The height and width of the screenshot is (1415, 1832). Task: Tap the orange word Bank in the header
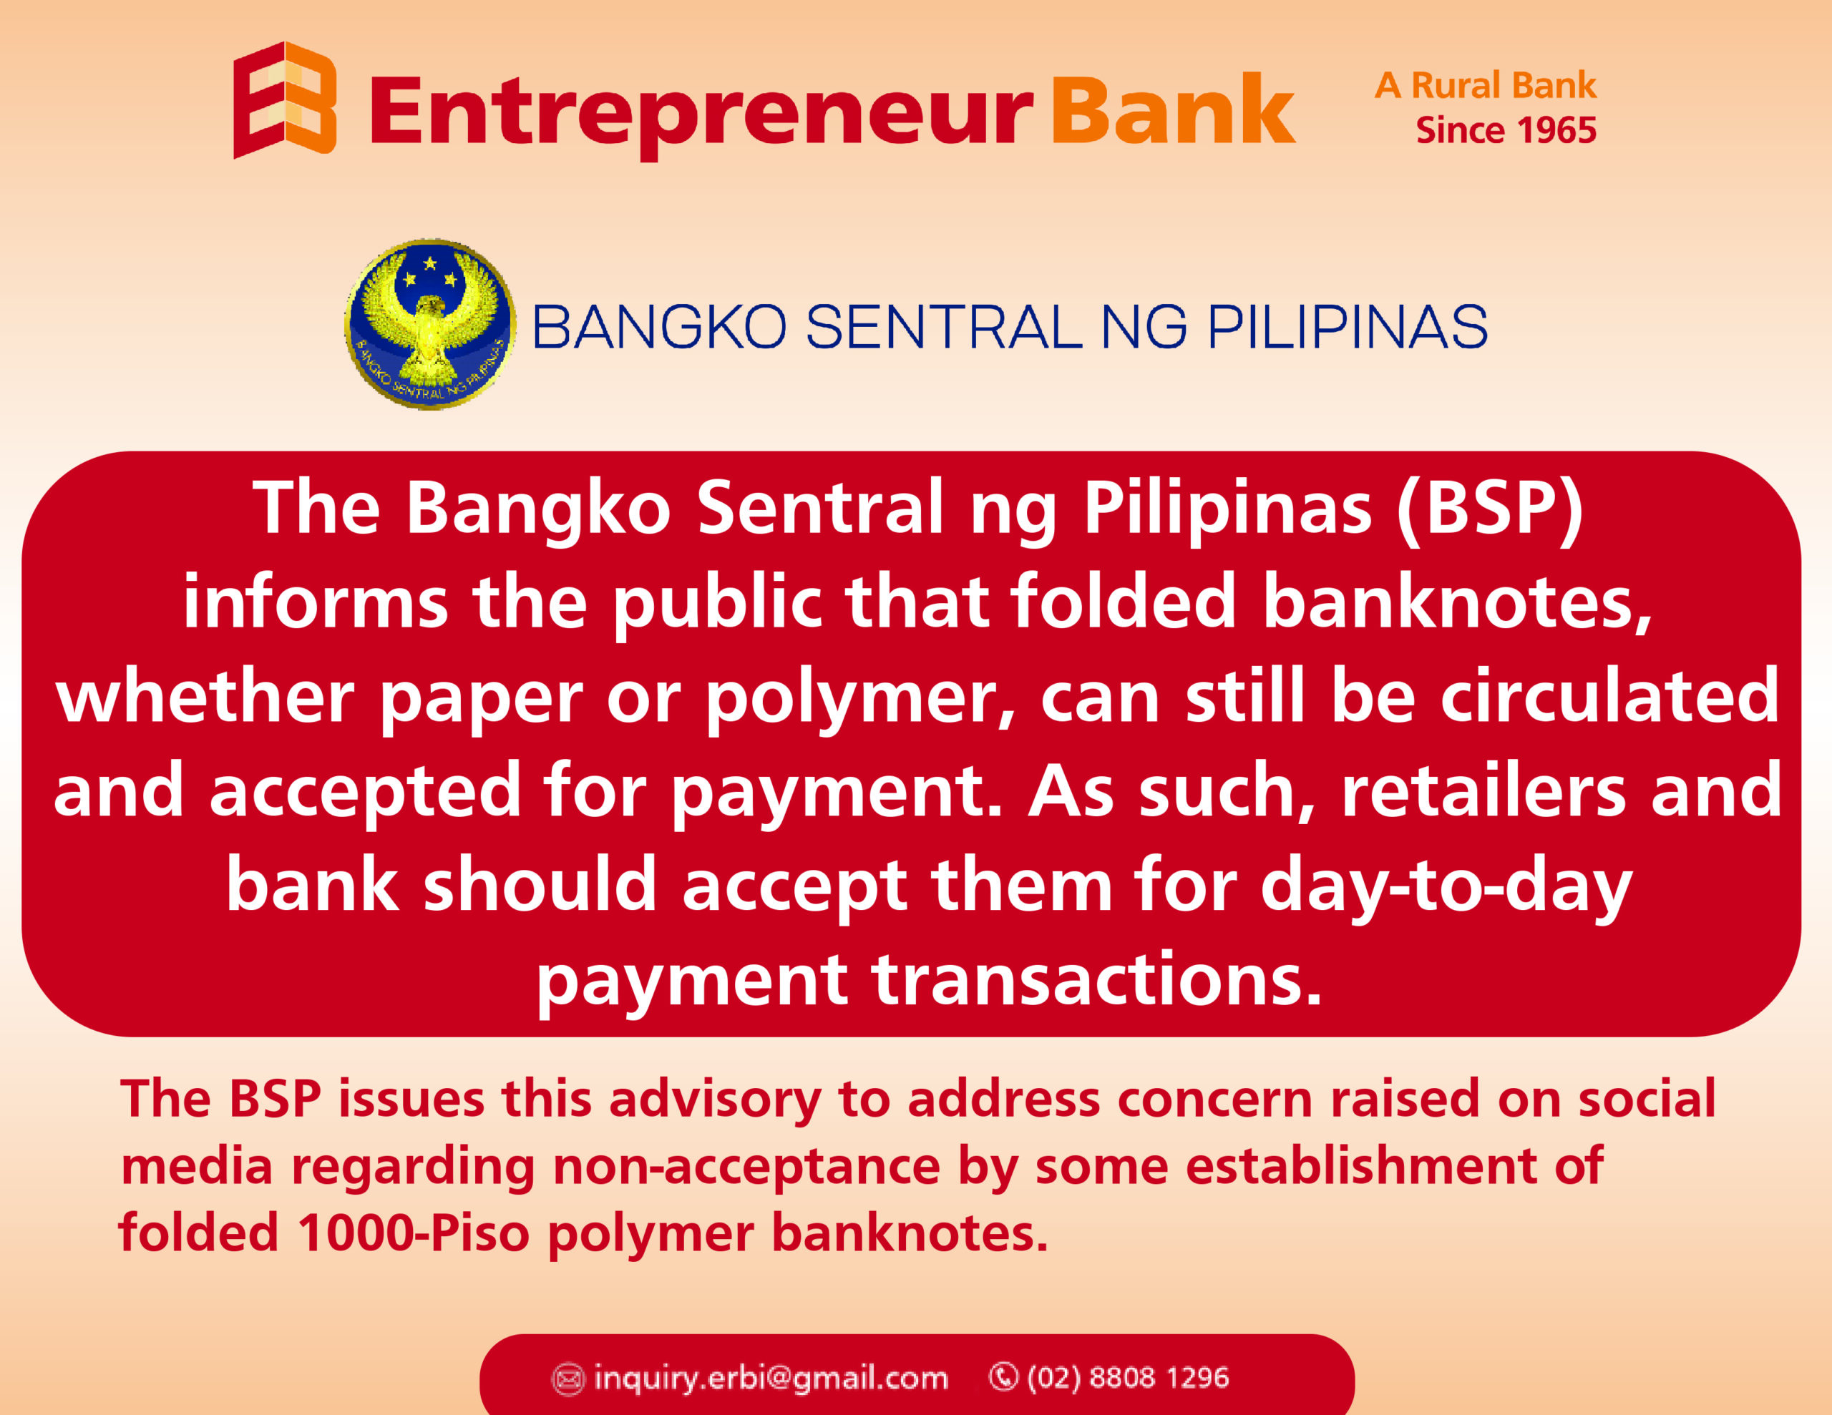point(1173,109)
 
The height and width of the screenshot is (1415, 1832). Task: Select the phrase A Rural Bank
point(1485,86)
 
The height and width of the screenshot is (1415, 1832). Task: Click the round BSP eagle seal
point(430,325)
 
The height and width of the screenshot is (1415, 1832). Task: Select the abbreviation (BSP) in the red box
point(1489,509)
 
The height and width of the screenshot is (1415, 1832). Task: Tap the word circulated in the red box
point(1609,695)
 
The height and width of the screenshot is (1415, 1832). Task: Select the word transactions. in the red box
point(1097,979)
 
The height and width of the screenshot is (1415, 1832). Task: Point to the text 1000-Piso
point(414,1233)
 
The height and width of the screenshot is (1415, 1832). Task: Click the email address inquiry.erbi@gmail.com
point(770,1378)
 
